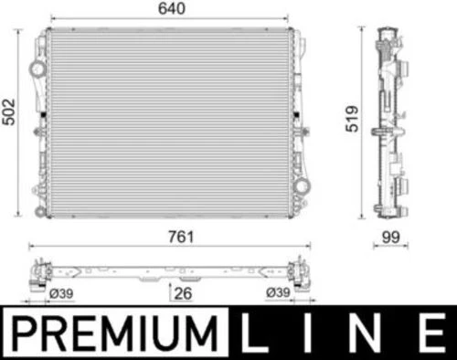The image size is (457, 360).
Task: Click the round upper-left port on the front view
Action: click(x=37, y=69)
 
